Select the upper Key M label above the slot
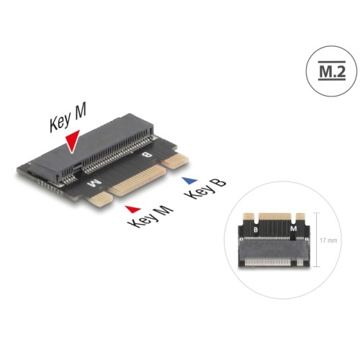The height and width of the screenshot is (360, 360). (x=68, y=119)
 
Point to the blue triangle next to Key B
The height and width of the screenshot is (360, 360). (x=189, y=181)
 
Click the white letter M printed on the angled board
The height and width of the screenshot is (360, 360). (x=91, y=184)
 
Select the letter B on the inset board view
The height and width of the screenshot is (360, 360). (x=254, y=230)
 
